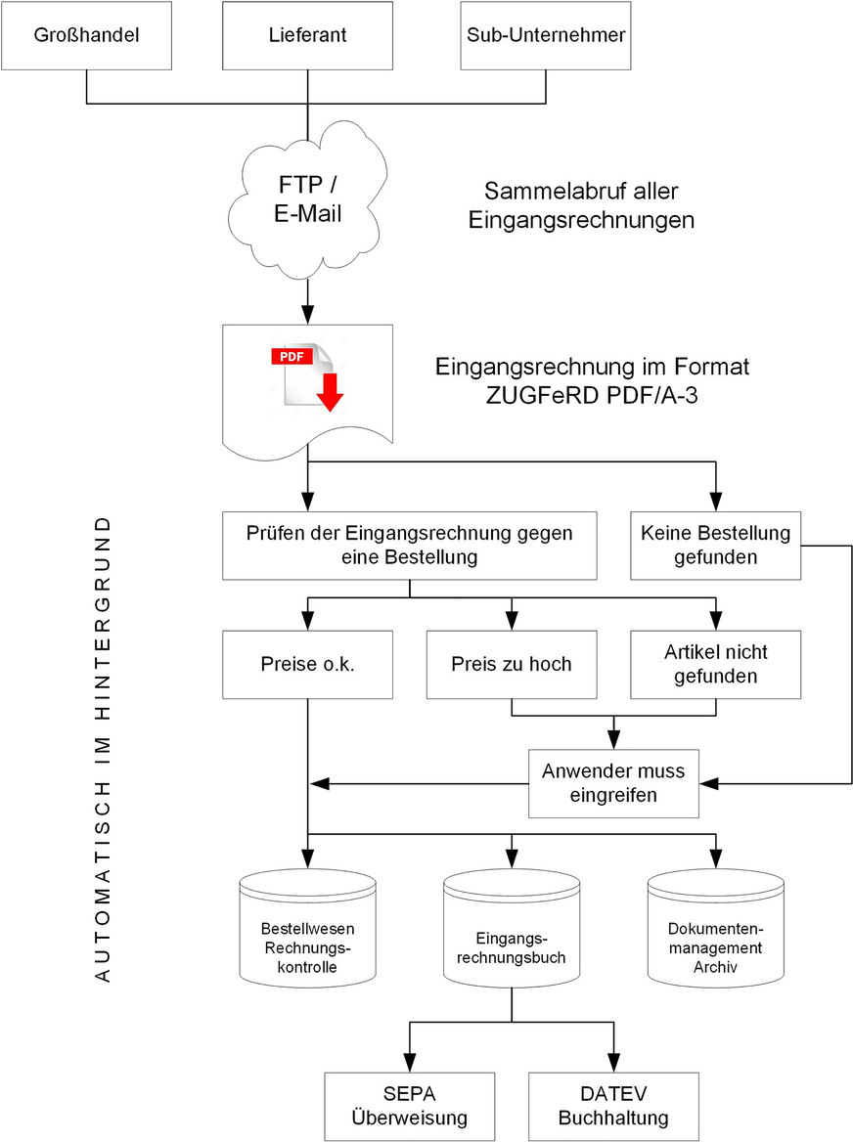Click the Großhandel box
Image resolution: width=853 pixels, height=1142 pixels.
pos(87,36)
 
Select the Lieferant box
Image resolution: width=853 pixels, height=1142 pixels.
pos(308,36)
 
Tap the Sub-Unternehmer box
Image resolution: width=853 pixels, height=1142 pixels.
pos(546,36)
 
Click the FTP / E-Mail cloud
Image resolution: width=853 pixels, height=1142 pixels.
pos(308,199)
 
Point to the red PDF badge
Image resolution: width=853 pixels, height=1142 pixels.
pos(292,357)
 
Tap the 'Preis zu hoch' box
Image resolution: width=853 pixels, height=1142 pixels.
pos(512,665)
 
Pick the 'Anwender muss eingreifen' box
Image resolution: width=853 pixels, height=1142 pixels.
pos(613,783)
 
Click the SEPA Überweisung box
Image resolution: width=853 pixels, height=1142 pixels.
pos(410,1105)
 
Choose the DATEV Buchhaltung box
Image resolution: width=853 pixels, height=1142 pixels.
pos(612,1105)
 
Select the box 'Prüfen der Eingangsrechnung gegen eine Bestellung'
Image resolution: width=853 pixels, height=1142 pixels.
pos(410,545)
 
